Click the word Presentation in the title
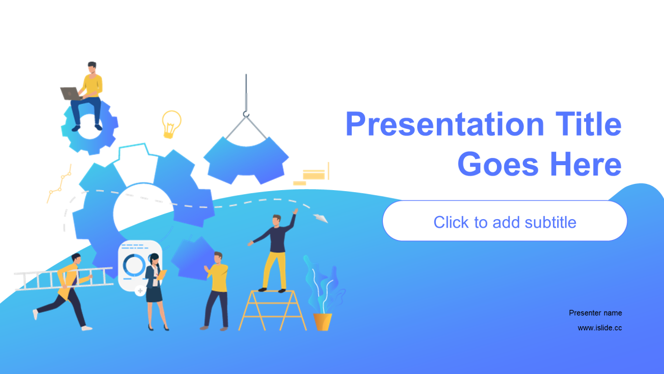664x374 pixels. point(445,124)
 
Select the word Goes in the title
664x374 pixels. point(497,164)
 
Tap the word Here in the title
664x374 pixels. point(586,164)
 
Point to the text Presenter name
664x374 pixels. point(595,313)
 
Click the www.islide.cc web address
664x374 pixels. point(600,328)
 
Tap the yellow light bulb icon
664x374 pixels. point(171,124)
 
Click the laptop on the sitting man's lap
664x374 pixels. point(71,94)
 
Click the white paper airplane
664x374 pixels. point(321,218)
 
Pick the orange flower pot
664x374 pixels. point(323,322)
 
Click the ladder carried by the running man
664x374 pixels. point(64,279)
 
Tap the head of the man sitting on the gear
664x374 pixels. point(92,68)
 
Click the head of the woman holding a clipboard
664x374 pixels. point(154,259)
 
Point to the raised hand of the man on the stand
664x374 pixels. point(295,211)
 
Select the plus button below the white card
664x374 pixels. point(140,290)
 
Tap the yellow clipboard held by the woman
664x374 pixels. point(161,275)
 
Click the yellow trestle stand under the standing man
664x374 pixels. point(272,310)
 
